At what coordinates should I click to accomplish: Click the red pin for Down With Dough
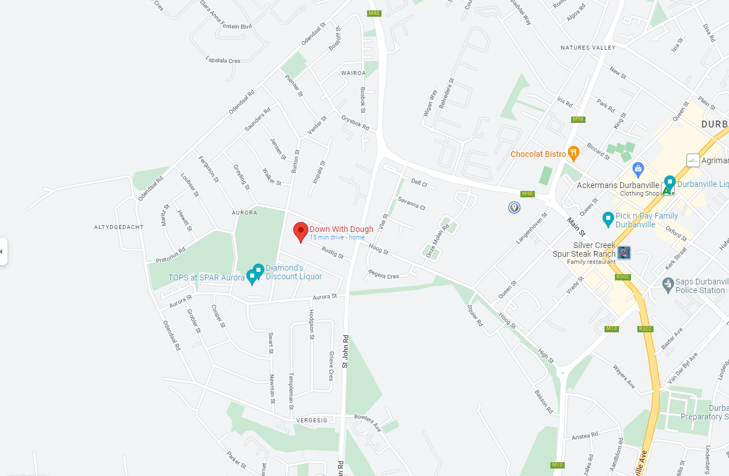pos(300,232)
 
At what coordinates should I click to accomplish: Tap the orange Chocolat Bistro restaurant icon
pos(573,153)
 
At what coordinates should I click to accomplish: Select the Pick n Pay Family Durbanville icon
pos(607,219)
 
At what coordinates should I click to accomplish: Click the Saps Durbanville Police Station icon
pos(667,284)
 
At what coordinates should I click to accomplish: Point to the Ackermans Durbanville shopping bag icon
pos(637,170)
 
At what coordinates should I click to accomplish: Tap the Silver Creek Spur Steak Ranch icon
pos(624,252)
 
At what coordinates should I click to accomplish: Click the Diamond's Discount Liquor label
pos(293,272)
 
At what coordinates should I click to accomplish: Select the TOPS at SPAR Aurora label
pos(206,278)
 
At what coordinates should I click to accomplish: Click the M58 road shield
pos(578,119)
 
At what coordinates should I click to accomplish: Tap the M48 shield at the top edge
pos(373,13)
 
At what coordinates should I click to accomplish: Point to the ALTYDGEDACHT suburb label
pos(119,227)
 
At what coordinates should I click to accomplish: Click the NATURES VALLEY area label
pos(588,48)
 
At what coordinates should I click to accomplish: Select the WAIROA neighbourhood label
pos(353,73)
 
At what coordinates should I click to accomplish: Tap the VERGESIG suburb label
pos(312,421)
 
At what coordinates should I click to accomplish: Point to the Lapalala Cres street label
pos(223,60)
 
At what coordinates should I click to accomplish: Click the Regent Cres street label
pos(383,275)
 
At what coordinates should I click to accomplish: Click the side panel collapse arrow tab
pos(3,252)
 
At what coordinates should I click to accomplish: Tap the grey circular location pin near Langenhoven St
pos(514,207)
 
